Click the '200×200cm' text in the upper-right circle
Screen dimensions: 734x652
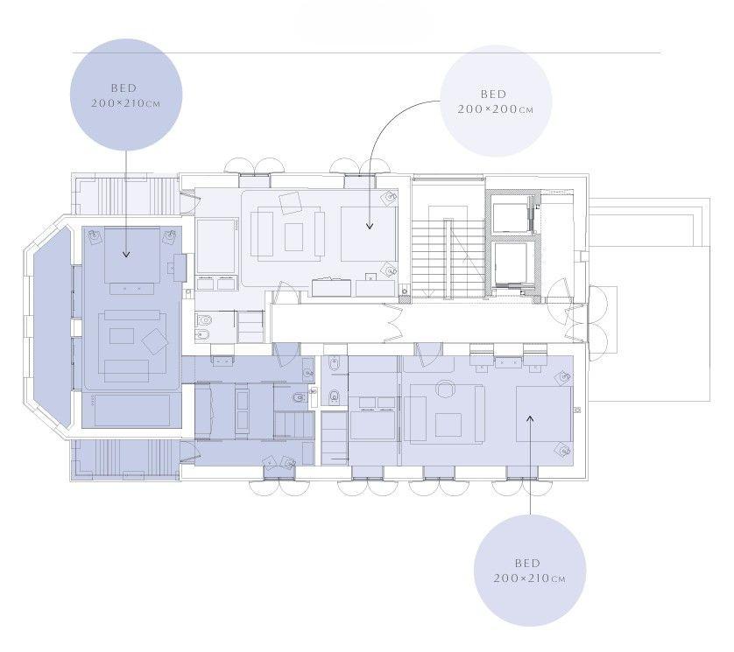(x=495, y=109)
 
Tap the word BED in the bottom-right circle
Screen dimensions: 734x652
(x=527, y=563)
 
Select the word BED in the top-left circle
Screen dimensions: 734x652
(x=124, y=88)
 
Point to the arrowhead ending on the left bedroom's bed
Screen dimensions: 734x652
(x=126, y=254)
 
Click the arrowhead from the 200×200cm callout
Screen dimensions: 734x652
(x=370, y=226)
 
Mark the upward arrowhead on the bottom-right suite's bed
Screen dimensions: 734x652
(x=530, y=418)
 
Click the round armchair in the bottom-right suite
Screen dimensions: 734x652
(x=445, y=389)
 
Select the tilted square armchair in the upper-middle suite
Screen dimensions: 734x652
(x=291, y=203)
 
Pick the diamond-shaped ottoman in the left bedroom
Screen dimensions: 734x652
(x=154, y=341)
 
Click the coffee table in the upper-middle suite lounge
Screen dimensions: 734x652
(x=293, y=237)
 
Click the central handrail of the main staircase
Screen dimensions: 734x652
(x=448, y=258)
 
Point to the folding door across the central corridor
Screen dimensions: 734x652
(x=393, y=322)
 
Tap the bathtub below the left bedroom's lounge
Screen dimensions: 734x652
(x=132, y=410)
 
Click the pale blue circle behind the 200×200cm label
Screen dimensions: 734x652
(x=497, y=101)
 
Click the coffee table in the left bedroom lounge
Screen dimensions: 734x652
(x=122, y=336)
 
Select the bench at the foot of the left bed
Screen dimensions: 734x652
(x=132, y=289)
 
